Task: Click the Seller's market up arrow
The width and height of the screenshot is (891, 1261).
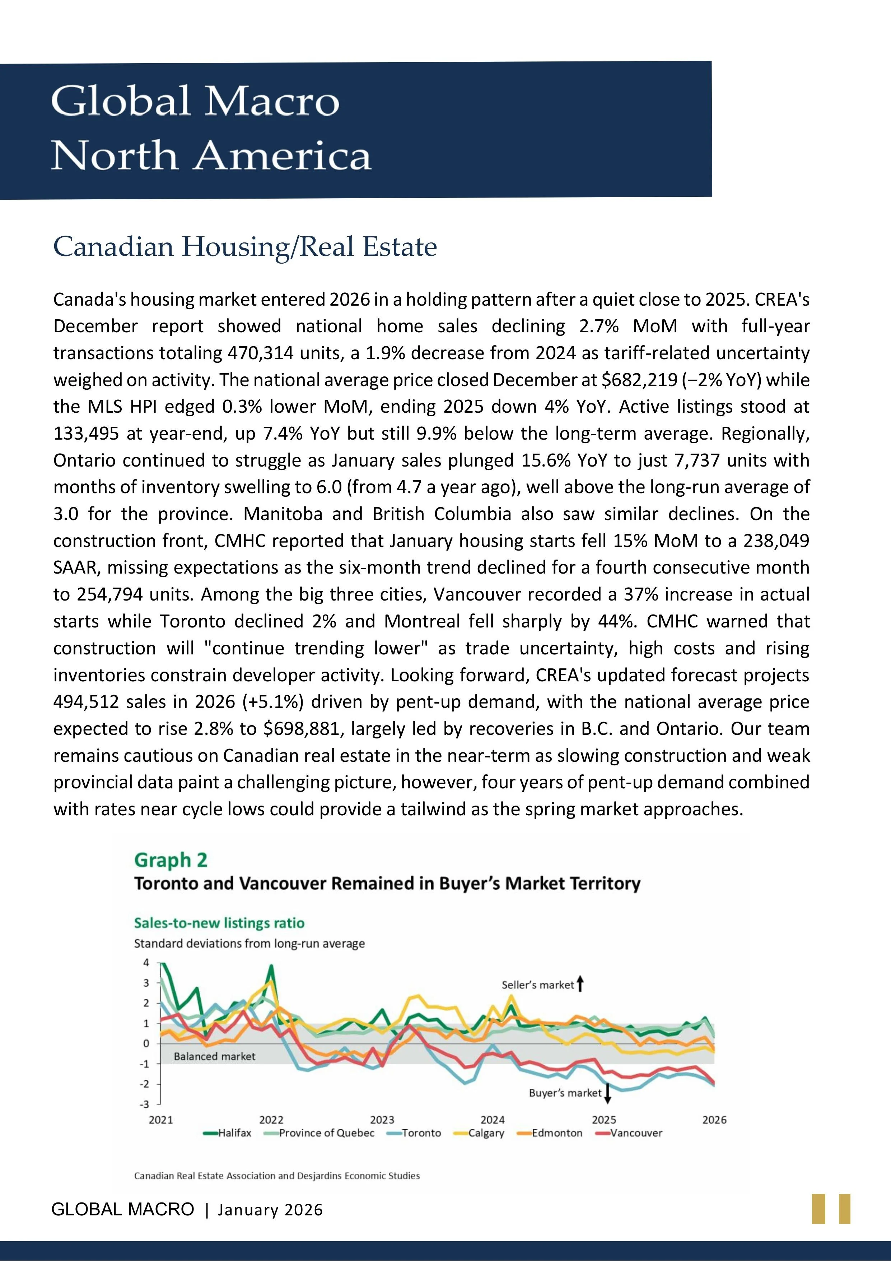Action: pyautogui.click(x=581, y=984)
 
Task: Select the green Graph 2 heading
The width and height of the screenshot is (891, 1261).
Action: pyautogui.click(x=171, y=860)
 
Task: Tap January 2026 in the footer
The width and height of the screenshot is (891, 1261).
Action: pyautogui.click(x=270, y=1210)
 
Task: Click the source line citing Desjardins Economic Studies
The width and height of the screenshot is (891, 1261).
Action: pyautogui.click(x=277, y=1176)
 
